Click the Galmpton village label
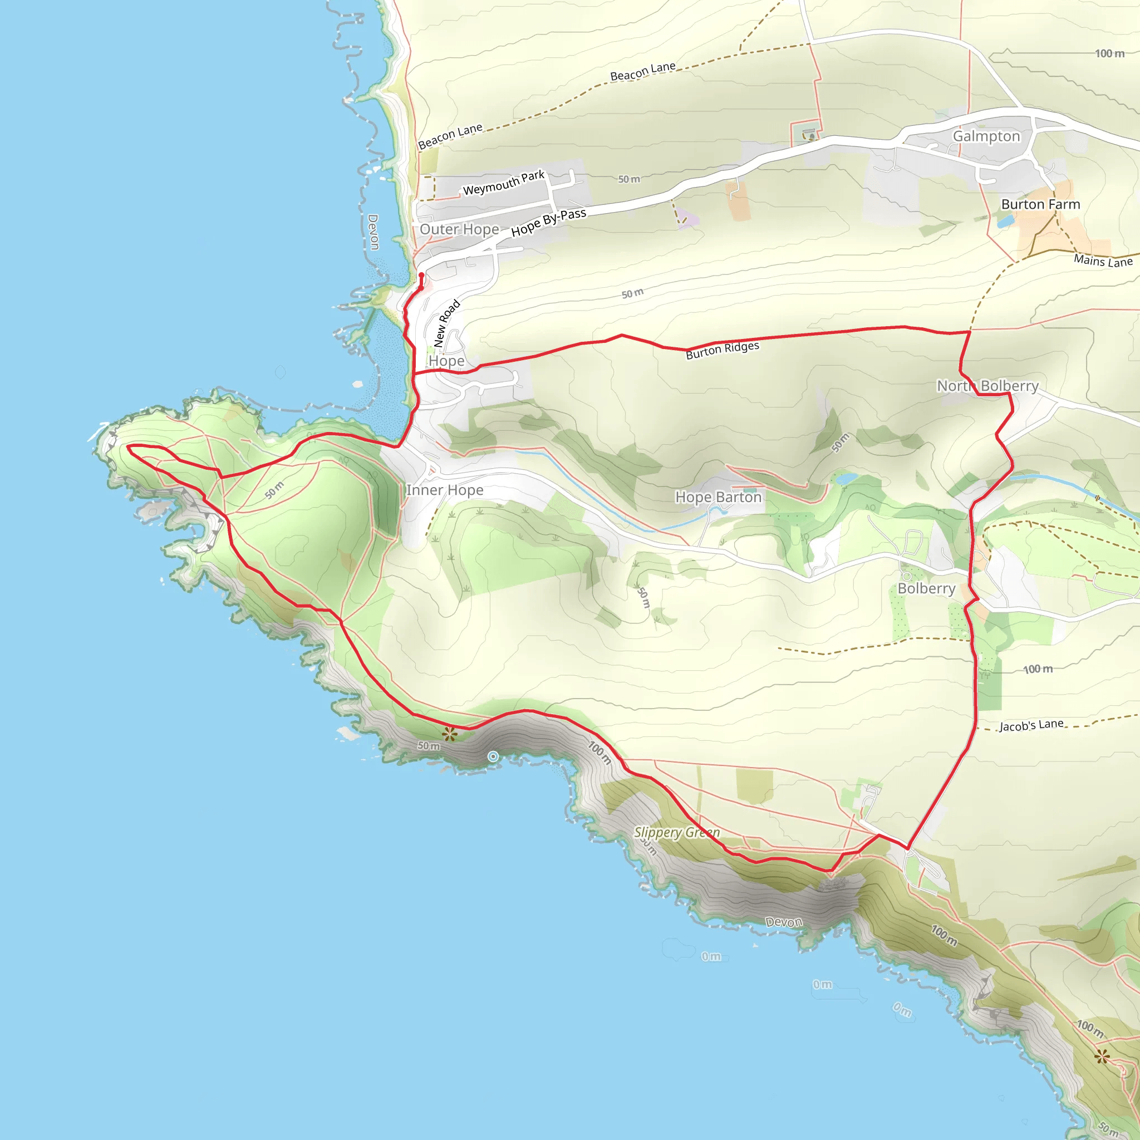pos(986,136)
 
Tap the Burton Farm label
pos(1040,204)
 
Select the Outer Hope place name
pos(459,229)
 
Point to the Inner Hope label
pos(444,490)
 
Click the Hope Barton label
pos(718,497)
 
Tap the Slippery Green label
pos(677,833)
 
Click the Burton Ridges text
pos(722,350)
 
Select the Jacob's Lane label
pos(1031,725)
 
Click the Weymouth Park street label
pos(503,183)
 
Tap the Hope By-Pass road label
pos(548,222)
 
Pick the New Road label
pos(446,323)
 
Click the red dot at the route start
pos(421,275)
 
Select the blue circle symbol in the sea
pos(493,756)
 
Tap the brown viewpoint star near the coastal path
pos(450,734)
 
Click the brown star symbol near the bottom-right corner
pos(1101,1056)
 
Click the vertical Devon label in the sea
pos(373,232)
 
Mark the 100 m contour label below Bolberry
pos(1038,669)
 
